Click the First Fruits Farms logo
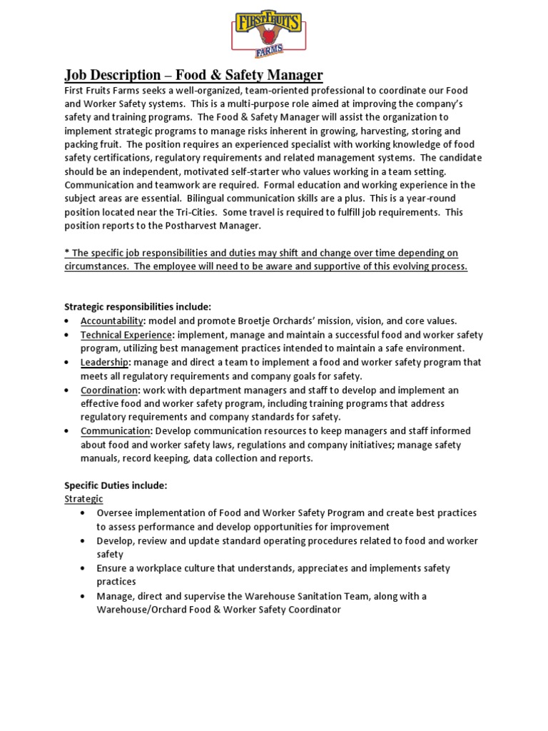[269, 34]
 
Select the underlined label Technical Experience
[126, 335]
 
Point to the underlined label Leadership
[105, 362]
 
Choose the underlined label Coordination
[108, 390]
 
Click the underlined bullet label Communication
[116, 431]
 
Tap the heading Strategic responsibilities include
[138, 306]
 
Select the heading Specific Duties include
[116, 485]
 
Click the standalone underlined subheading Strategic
[83, 499]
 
